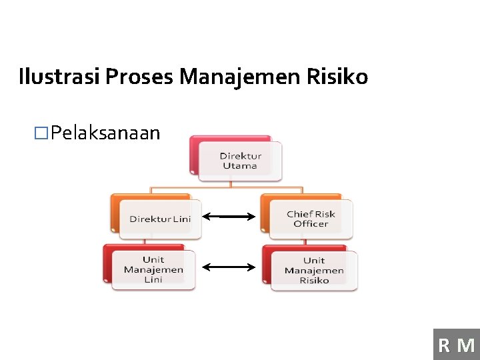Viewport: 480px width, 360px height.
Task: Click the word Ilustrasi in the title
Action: pyautogui.click(x=59, y=77)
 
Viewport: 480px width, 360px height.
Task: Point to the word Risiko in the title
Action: pyautogui.click(x=337, y=77)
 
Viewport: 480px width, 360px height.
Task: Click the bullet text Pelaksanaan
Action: pyautogui.click(x=105, y=133)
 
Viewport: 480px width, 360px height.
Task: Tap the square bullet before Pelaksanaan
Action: pyautogui.click(x=42, y=133)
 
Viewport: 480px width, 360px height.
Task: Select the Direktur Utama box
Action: pyautogui.click(x=240, y=161)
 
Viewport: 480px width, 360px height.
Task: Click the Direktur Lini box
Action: pyautogui.click(x=159, y=219)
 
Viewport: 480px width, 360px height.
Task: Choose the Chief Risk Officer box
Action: pyautogui.click(x=311, y=219)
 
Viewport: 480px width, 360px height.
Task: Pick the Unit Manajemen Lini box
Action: pyautogui.click(x=153, y=269)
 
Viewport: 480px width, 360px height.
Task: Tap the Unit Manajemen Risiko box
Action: pyautogui.click(x=314, y=270)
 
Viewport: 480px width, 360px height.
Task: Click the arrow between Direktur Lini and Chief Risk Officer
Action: pyautogui.click(x=229, y=216)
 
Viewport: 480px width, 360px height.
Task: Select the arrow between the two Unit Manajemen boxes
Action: pyautogui.click(x=229, y=267)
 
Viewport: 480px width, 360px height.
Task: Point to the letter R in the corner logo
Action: pyautogui.click(x=444, y=345)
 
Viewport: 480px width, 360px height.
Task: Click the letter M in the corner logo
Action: pyautogui.click(x=466, y=345)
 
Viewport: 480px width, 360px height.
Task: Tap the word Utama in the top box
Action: pyautogui.click(x=240, y=166)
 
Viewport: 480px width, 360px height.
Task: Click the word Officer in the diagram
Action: pyautogui.click(x=311, y=224)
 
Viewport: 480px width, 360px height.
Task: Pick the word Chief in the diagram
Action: pyautogui.click(x=300, y=214)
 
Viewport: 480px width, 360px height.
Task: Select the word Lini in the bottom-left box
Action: pyautogui.click(x=153, y=279)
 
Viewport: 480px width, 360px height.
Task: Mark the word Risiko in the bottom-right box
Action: pyautogui.click(x=314, y=280)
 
